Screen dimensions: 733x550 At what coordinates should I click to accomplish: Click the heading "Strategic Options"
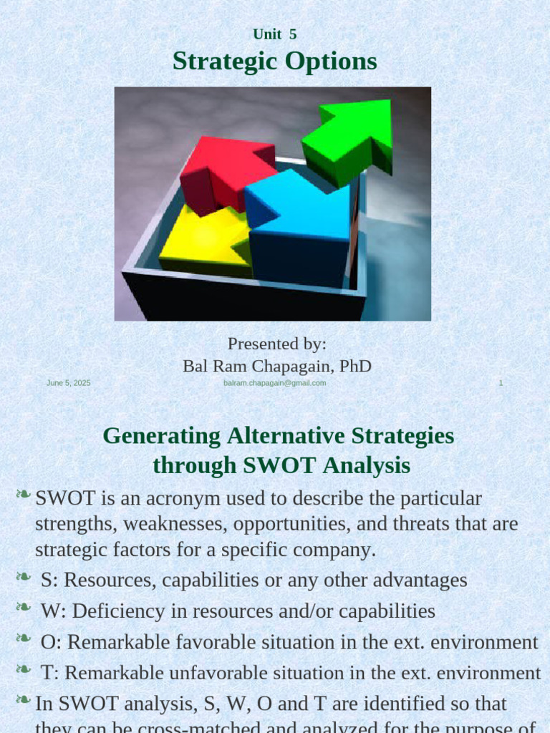click(274, 62)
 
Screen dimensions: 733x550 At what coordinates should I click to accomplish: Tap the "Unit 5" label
click(274, 34)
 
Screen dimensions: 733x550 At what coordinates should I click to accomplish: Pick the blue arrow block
click(301, 222)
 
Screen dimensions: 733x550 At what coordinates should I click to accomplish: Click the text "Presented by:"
click(276, 344)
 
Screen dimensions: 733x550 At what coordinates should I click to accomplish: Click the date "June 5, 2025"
click(69, 383)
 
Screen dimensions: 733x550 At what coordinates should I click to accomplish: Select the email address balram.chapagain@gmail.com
click(275, 383)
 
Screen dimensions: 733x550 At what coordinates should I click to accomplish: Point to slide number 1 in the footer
click(501, 383)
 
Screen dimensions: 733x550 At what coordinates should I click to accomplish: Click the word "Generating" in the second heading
click(161, 435)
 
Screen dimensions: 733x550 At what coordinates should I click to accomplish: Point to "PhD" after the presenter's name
click(355, 366)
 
